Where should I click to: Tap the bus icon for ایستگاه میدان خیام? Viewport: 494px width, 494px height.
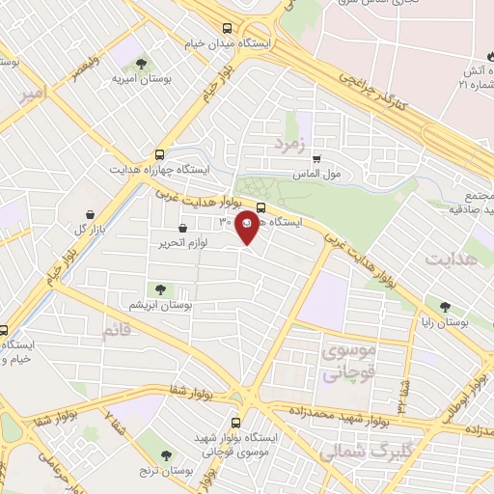(227, 28)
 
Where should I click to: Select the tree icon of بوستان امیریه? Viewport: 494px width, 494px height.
(141, 64)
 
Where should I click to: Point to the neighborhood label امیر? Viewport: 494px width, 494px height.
(31, 93)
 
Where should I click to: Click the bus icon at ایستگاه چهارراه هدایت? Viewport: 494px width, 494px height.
(160, 153)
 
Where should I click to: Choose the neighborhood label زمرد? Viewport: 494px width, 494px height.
(288, 144)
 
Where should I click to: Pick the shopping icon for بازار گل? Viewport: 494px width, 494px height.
(90, 214)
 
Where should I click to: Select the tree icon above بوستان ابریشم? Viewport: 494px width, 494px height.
(160, 288)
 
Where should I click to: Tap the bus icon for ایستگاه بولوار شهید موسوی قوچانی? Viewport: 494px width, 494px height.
(237, 423)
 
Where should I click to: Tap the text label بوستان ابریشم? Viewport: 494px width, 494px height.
(162, 303)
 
